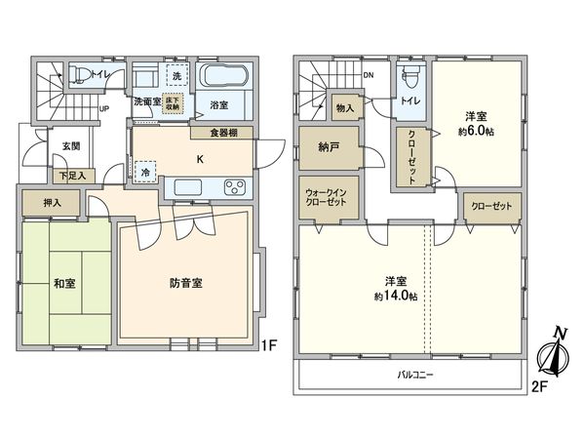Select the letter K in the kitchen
pyautogui.click(x=200, y=159)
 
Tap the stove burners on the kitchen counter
pyautogui.click(x=235, y=186)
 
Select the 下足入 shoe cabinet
pyautogui.click(x=70, y=176)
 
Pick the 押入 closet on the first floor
pyautogui.click(x=53, y=204)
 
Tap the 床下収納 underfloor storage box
pyautogui.click(x=173, y=100)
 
